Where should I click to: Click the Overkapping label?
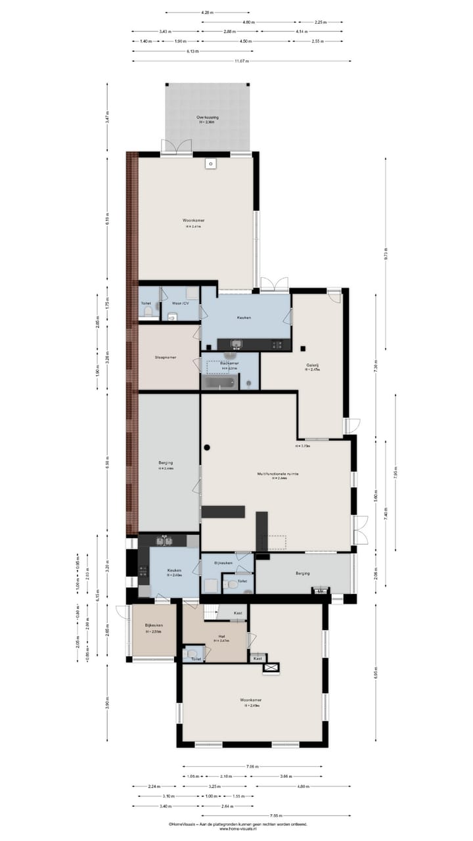point(208,118)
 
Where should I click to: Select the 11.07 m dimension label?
point(241,61)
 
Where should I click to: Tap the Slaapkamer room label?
point(165,357)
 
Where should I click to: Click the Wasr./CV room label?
point(181,303)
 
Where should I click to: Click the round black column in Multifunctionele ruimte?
point(207,447)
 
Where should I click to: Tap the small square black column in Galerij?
point(304,348)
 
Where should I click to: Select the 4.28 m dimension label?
point(208,12)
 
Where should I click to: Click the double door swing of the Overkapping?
point(177,147)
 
